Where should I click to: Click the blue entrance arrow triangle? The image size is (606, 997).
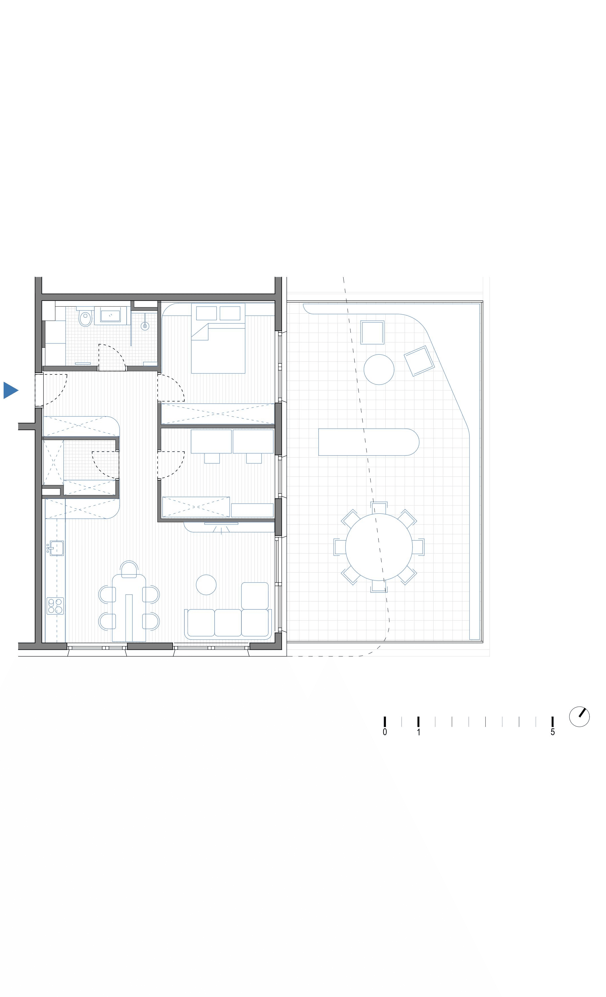coord(10,390)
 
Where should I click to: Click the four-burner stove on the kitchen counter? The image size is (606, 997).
coord(55,606)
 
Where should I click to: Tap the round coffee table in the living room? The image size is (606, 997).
coord(206,585)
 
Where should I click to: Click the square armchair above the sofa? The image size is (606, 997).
coord(255,595)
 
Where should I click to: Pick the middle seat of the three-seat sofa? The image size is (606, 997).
coord(228,622)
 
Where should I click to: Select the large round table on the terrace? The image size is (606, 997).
coord(379,547)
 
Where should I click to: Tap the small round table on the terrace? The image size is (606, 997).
coord(379,369)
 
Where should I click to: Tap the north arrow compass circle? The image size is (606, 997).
coord(579,717)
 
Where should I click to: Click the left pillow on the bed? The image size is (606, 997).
coord(207,313)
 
